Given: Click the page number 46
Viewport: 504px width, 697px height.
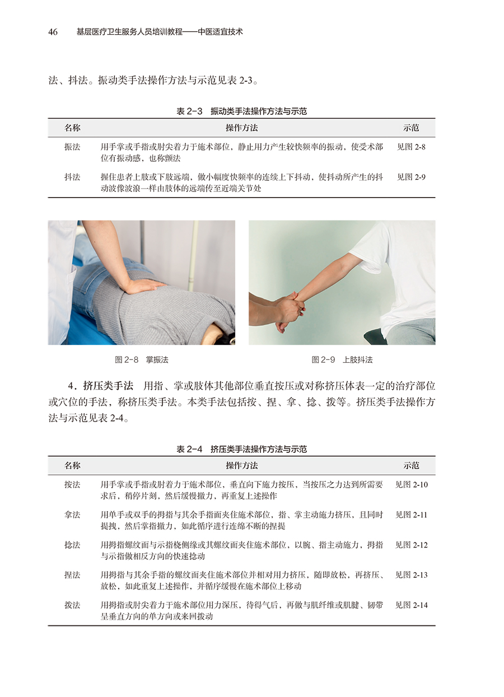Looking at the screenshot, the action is pos(53,32).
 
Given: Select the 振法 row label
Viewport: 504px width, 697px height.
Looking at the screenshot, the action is pos(72,147).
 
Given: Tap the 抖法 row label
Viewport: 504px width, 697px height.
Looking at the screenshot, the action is pos(72,177).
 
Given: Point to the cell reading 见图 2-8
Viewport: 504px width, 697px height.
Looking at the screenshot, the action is pos(411,147).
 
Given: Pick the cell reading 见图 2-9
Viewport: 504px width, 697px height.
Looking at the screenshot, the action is pos(411,177).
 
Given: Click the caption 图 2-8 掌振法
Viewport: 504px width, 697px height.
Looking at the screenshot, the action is pos(142,360).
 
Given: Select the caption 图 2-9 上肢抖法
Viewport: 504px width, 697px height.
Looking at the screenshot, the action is pos(342,360).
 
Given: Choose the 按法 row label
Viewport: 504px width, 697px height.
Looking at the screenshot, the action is pos(72,484).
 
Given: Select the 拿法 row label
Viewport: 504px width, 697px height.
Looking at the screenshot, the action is pos(72,514).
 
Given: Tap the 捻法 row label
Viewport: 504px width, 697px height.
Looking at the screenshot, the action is pos(72,545).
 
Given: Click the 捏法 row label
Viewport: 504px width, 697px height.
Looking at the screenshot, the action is pos(72,575).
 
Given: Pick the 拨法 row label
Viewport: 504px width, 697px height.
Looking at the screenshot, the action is pos(72,605).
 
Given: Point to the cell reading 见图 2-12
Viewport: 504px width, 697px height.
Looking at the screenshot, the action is pos(411,545).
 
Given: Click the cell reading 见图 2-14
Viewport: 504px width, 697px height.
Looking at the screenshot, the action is pos(411,605).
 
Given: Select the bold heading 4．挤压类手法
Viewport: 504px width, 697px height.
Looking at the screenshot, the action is pos(101,386).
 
